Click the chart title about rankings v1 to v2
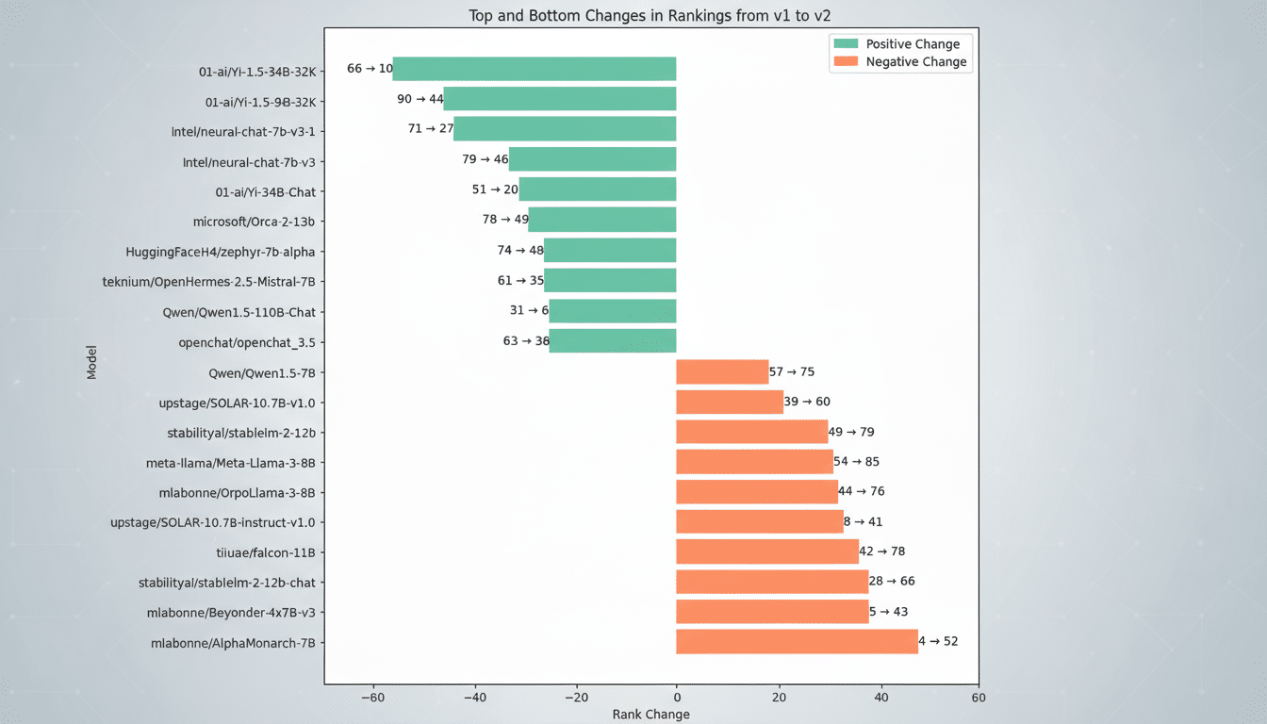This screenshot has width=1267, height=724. (x=650, y=15)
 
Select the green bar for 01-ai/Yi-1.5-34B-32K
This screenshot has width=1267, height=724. (x=534, y=69)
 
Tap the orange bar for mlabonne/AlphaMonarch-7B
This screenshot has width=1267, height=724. (x=797, y=642)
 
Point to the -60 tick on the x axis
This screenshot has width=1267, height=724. (x=373, y=699)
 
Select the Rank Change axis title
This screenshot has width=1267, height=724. (x=650, y=715)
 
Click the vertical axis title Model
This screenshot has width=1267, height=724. (x=91, y=362)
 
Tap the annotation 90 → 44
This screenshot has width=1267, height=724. (x=420, y=99)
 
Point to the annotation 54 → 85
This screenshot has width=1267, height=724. (x=856, y=462)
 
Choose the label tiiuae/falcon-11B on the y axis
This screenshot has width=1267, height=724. (x=266, y=552)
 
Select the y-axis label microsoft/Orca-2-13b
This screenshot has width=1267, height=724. (x=254, y=222)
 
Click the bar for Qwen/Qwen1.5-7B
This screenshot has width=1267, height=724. (x=722, y=372)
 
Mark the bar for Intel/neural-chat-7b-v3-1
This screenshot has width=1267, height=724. (x=565, y=129)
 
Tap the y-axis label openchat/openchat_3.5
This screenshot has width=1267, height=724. (x=247, y=342)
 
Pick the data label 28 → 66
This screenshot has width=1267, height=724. (x=891, y=582)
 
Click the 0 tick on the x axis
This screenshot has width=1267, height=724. (x=676, y=699)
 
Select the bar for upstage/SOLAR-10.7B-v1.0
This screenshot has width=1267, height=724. (x=730, y=403)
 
